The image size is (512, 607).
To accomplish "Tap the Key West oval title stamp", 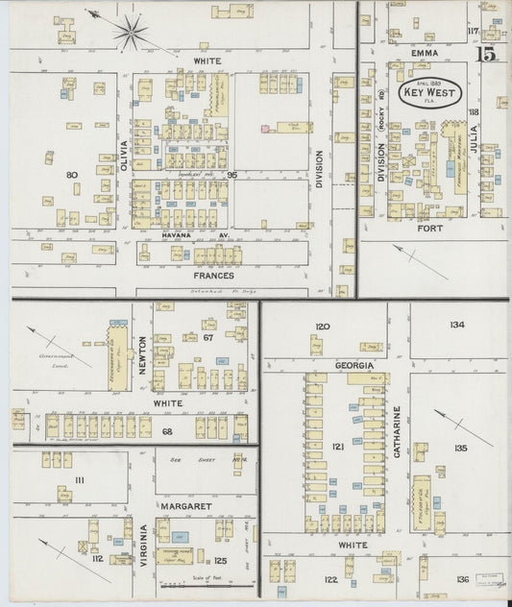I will click(430, 94).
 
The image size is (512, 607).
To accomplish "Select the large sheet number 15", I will click(488, 54).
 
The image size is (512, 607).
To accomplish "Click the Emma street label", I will click(424, 53).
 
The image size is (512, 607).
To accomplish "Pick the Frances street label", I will click(213, 276).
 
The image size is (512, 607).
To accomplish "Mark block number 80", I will click(71, 175).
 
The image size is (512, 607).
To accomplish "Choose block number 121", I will click(338, 448).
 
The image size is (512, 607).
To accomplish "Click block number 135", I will click(460, 448).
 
